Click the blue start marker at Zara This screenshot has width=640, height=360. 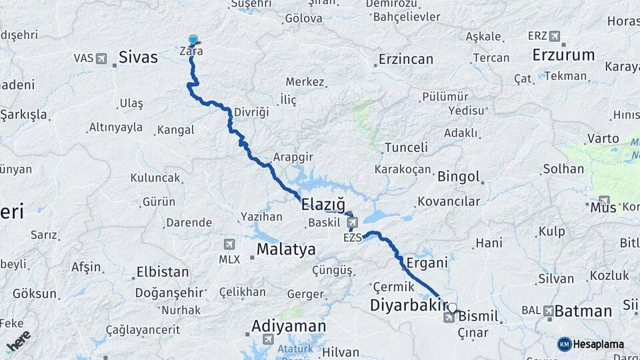pos(193,40)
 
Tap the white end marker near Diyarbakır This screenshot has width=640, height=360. pos(453,308)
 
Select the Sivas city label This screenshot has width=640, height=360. pos(138,57)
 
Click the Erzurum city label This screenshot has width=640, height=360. pos(564,55)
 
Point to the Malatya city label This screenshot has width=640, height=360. pos(286,250)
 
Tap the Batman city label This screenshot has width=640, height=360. pos(583,311)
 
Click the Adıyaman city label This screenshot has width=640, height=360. pos(289,326)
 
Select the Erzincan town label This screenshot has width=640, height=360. pos(406,59)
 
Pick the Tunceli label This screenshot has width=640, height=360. pos(406,147)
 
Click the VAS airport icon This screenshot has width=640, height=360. pos(101,59)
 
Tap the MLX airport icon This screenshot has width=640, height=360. pos(230,244)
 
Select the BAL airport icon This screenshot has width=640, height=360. pos(548,311)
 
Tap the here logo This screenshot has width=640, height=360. pos(18,341)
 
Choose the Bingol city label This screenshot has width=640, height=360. pos(459,177)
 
